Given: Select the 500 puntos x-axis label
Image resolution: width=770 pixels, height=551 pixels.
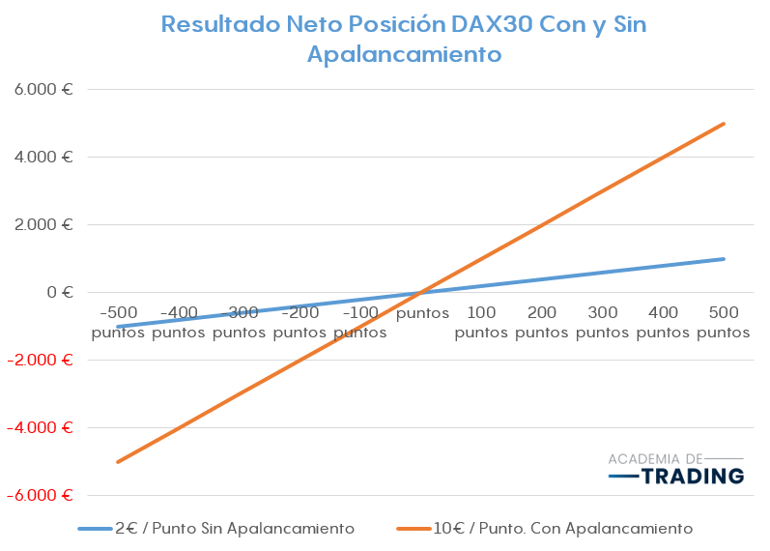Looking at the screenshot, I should [724, 323].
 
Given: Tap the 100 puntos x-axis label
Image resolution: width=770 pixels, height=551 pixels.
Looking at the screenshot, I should [481, 323].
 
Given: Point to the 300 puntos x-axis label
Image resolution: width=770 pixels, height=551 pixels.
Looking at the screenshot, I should [603, 323].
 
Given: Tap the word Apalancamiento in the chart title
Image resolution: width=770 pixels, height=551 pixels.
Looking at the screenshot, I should [404, 54].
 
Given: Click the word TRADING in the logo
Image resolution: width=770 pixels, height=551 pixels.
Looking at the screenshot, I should [693, 476].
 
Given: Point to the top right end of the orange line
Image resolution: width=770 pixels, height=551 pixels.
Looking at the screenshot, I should [724, 124].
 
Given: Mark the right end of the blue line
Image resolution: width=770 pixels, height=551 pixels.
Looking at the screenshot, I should [724, 259].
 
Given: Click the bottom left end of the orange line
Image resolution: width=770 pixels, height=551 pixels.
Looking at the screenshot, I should [118, 461].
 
